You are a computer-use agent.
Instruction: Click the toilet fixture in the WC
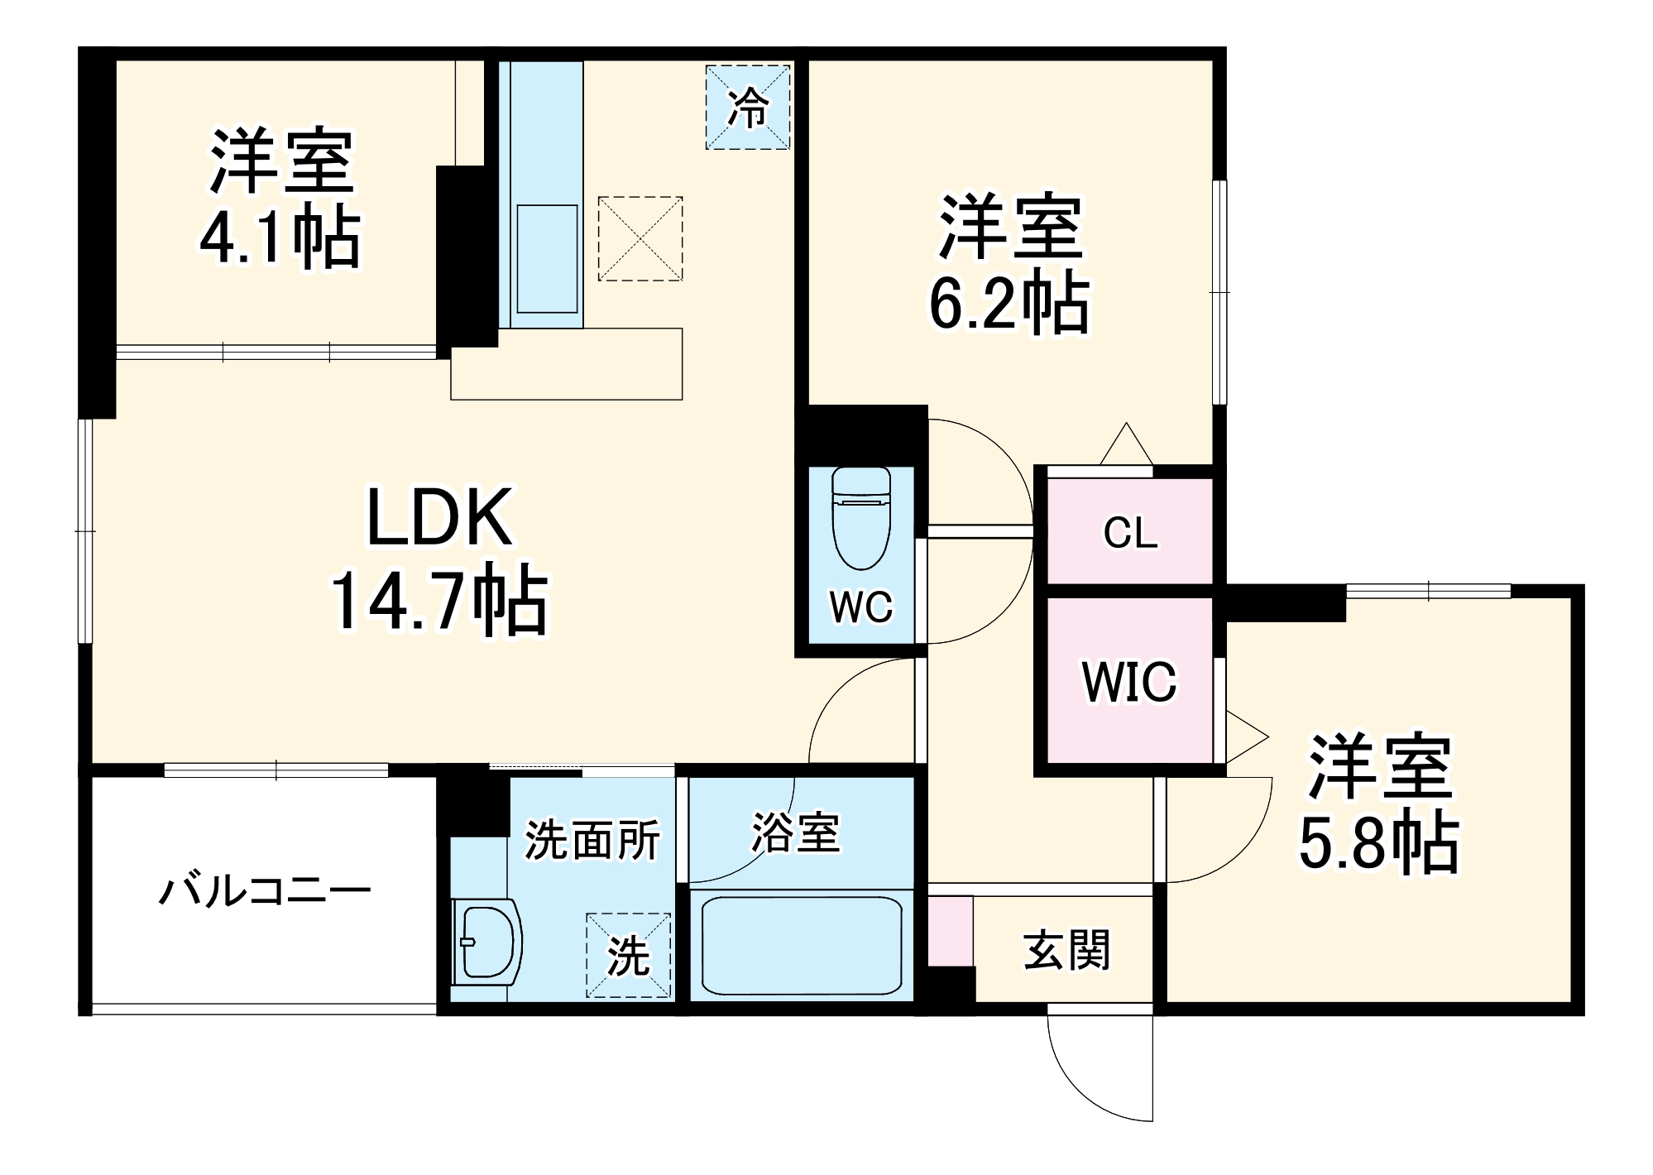click(861, 520)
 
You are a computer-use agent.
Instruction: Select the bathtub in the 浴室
click(801, 946)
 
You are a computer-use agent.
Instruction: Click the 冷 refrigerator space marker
click(748, 108)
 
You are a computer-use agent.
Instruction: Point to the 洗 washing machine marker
click(629, 956)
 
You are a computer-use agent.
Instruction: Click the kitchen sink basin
click(547, 259)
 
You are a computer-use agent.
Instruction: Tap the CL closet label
click(1130, 533)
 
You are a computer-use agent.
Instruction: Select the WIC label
click(1129, 682)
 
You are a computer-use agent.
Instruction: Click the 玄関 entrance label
click(1066, 950)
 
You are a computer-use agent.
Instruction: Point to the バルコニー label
click(265, 892)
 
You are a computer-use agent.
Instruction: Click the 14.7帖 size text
click(439, 600)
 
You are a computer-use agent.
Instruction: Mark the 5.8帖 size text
click(1379, 842)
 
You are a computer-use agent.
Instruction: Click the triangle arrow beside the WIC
click(1244, 736)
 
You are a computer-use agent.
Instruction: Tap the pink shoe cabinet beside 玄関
click(950, 930)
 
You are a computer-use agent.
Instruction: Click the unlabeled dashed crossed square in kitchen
click(640, 238)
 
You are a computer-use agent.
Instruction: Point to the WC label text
click(861, 607)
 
